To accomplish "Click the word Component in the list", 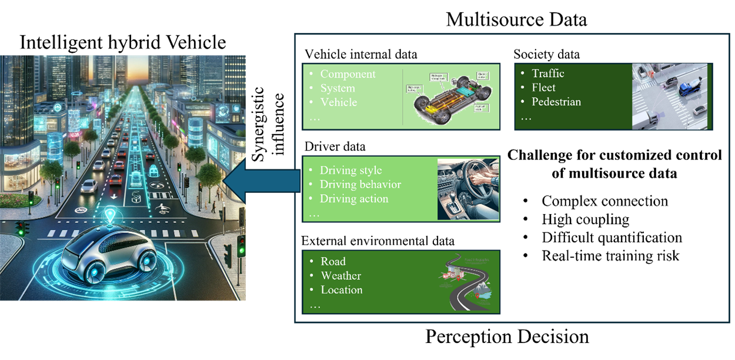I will tap(348, 74).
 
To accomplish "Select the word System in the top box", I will tap(338, 88).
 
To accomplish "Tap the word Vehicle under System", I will tap(338, 102).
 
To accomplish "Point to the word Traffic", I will tap(547, 74).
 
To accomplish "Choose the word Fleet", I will tap(543, 88).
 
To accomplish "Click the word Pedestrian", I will tap(556, 102).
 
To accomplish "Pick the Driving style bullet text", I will tap(350, 171).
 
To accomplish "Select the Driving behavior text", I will tap(360, 185).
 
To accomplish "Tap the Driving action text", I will tap(354, 199).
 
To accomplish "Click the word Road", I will tap(333, 262).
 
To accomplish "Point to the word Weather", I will tap(340, 276).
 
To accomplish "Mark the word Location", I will tap(341, 290).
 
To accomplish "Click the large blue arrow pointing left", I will tap(262, 180).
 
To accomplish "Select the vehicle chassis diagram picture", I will tap(450, 97).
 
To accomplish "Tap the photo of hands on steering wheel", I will tap(467, 189).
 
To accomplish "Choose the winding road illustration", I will tap(467, 282).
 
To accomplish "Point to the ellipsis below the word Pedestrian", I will tap(526, 117).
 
